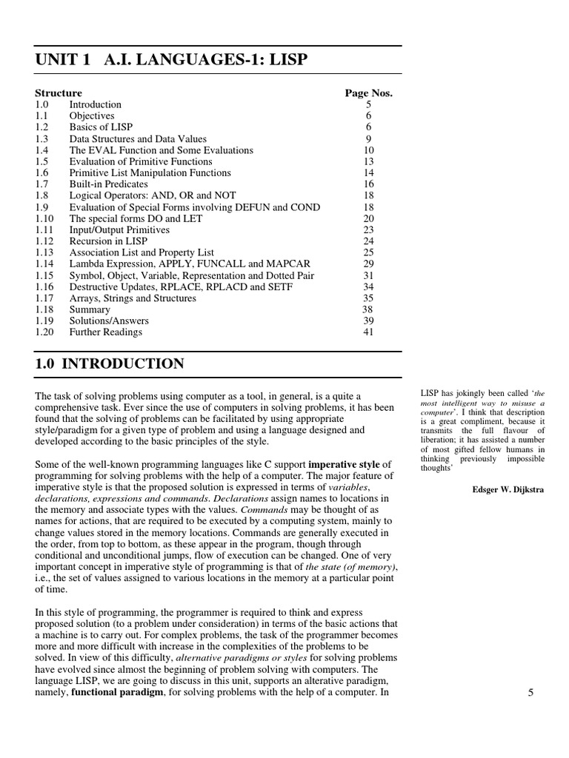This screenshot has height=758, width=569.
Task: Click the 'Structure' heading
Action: pos(59,93)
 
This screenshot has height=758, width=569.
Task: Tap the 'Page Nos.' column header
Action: pos(368,93)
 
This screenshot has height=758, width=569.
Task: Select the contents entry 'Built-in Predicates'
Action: pos(108,184)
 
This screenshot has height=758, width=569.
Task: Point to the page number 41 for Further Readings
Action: pos(368,332)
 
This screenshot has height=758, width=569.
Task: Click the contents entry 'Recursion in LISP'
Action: pos(108,241)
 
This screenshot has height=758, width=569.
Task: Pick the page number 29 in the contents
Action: pos(368,264)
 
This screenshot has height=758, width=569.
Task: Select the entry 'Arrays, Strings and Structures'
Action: pos(133,298)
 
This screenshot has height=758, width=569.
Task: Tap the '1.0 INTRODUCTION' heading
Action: pos(110,363)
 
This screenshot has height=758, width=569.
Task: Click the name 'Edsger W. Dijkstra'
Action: pos(508,489)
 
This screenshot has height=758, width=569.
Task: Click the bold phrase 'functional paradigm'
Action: pos(117,693)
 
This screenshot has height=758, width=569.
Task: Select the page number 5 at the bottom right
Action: pos(530,693)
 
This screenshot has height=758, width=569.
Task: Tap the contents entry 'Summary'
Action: pos(90,309)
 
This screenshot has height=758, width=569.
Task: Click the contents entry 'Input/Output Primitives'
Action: pos(119,230)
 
